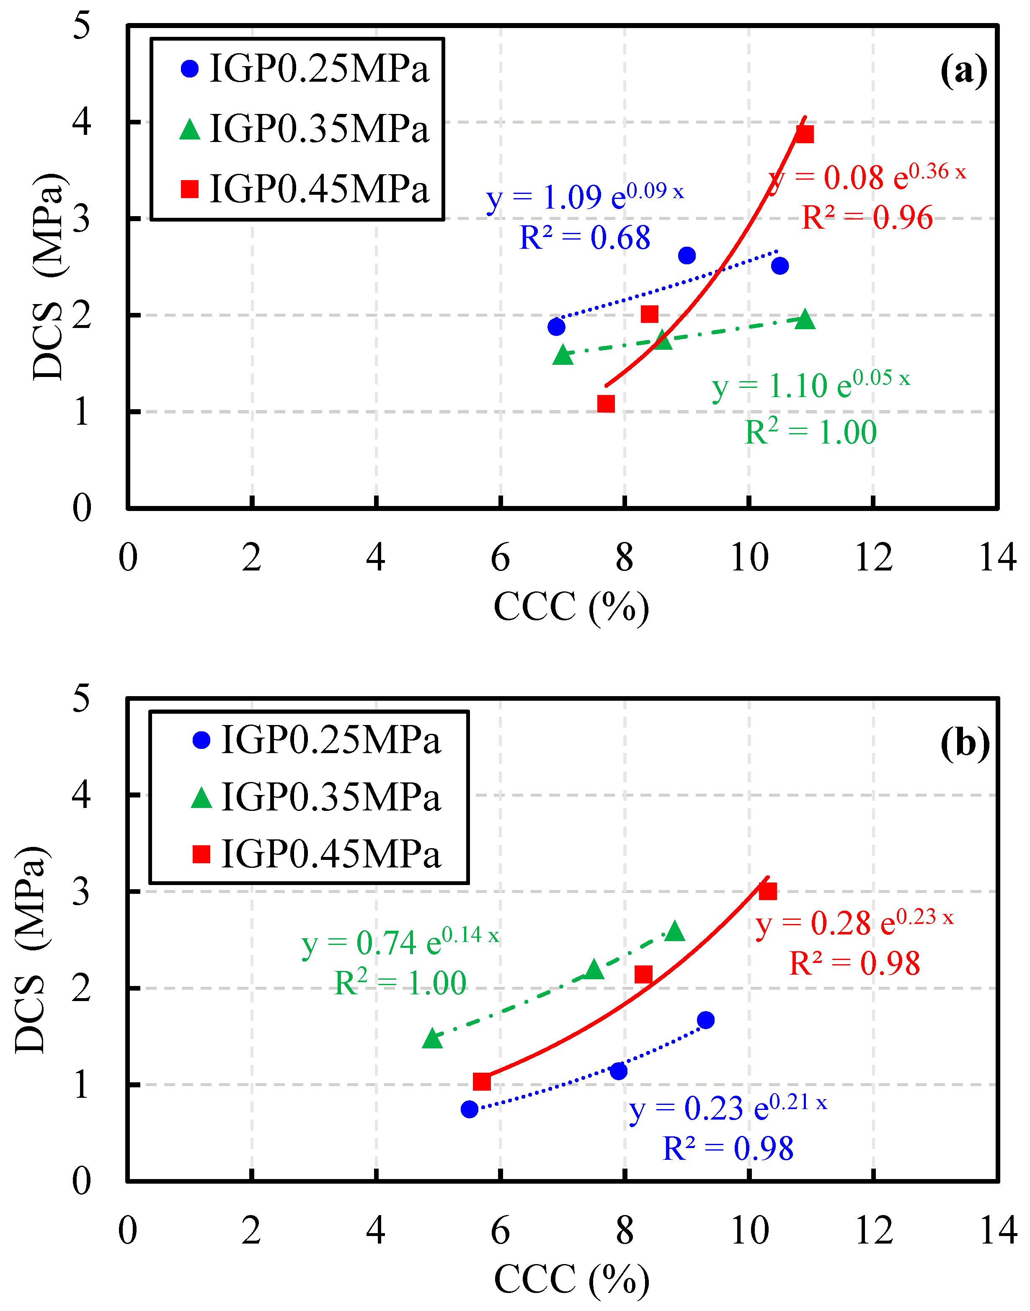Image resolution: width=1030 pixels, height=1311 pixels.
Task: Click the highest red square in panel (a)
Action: pos(805,134)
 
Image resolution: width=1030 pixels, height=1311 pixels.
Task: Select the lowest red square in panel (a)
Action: pos(606,403)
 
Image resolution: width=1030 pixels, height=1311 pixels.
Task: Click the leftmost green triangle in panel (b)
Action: pos(432,1038)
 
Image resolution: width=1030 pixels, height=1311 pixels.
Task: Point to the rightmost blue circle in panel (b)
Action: pos(705,1020)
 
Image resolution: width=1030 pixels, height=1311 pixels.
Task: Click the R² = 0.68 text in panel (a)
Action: pos(585,237)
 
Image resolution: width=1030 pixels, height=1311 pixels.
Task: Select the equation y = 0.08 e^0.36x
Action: pos(867,177)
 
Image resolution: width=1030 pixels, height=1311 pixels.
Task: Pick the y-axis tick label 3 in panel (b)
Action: pos(81,891)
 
